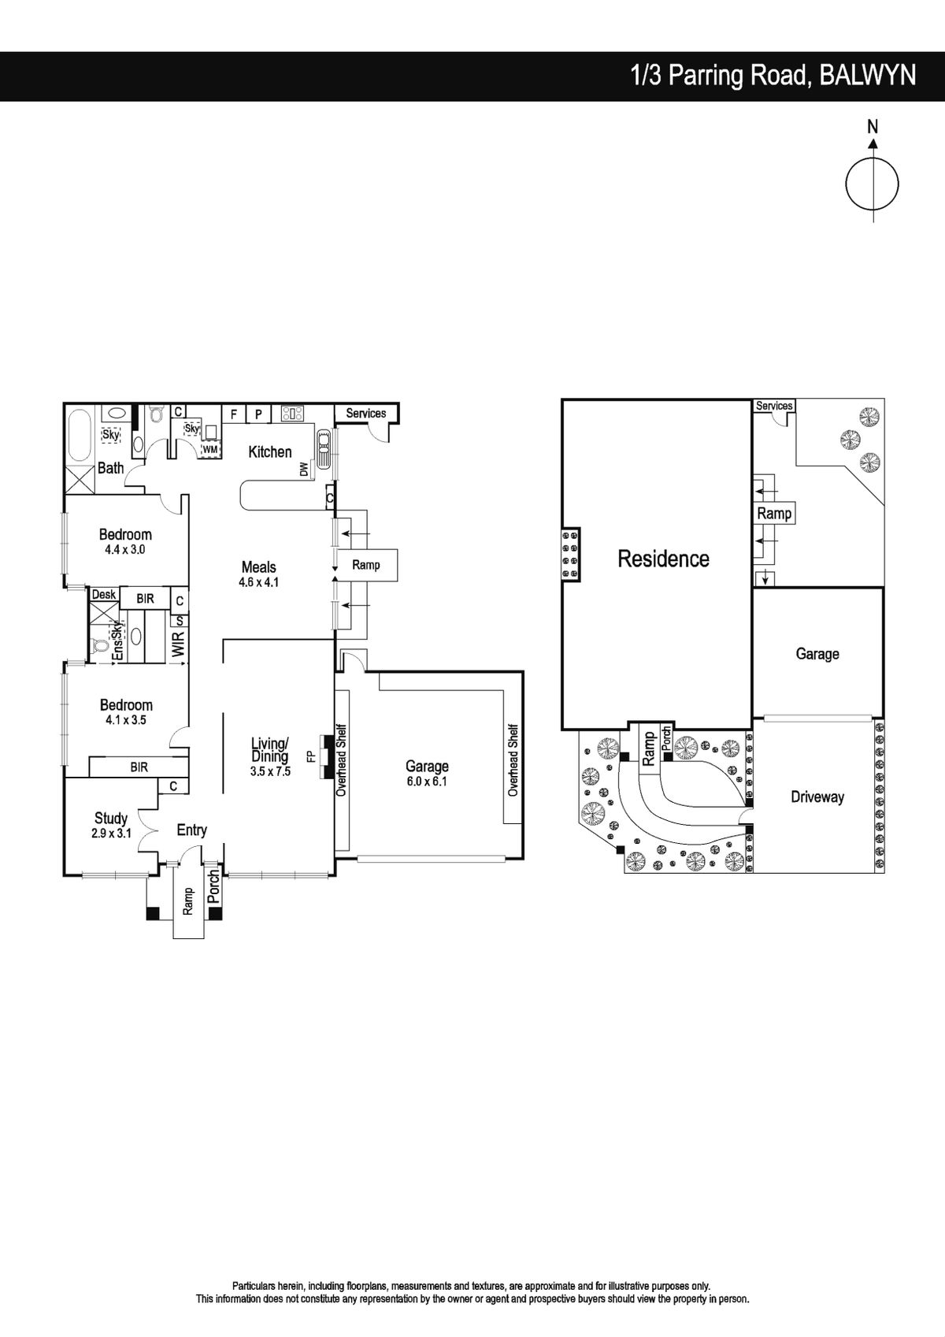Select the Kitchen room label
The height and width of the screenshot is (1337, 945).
(270, 451)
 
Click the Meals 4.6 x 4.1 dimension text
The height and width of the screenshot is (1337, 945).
(259, 582)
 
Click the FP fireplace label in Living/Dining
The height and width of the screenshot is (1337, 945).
(311, 756)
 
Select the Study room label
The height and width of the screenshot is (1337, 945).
(111, 818)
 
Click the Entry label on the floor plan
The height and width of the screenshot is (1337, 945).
(192, 830)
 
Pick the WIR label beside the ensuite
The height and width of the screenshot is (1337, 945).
(179, 644)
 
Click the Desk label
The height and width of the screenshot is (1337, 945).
(104, 595)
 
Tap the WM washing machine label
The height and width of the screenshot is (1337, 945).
(211, 449)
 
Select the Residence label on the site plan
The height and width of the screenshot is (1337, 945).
(663, 559)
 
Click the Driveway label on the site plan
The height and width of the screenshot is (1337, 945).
(817, 797)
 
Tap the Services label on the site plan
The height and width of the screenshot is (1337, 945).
(774, 406)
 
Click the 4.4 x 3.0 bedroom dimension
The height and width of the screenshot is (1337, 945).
(125, 549)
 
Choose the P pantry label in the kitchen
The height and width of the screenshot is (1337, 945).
(258, 414)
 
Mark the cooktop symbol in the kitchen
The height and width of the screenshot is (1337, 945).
(293, 414)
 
